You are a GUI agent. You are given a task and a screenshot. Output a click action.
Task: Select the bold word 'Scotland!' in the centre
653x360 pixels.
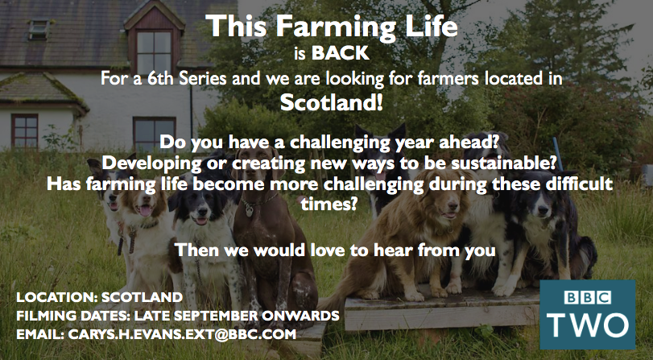[x=331, y=103]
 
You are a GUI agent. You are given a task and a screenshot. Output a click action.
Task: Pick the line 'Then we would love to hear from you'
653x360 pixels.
[x=335, y=250]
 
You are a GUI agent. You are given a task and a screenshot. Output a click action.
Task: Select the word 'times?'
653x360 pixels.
[x=330, y=205]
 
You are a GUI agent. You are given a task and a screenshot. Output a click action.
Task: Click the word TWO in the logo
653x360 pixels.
[x=587, y=325]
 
